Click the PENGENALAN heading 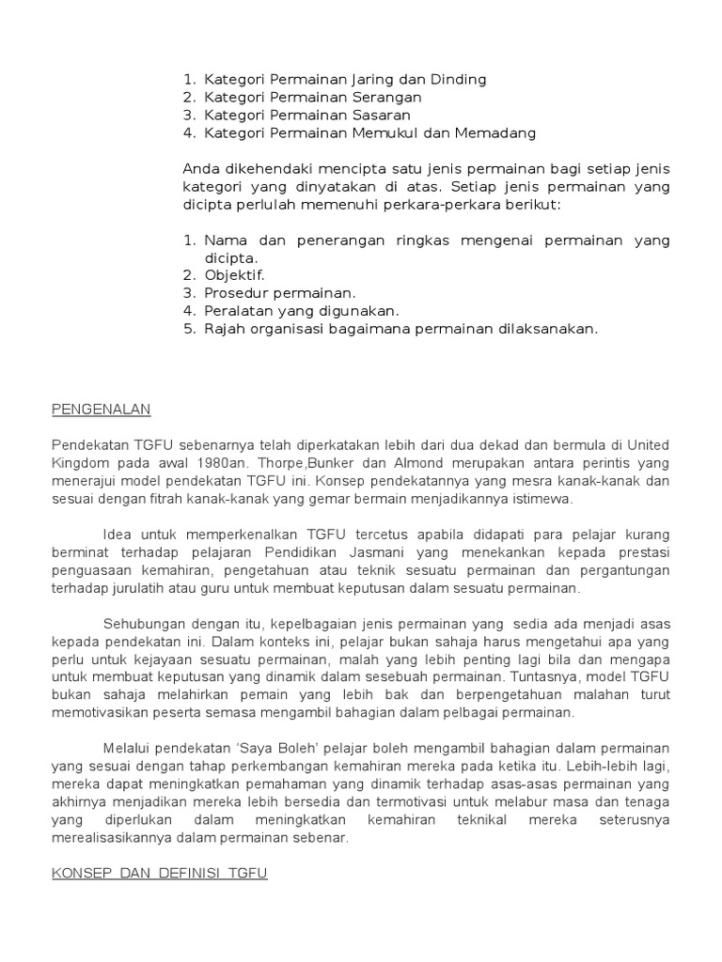click(x=101, y=410)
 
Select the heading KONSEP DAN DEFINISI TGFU click(x=159, y=873)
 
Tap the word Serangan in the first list click(x=386, y=97)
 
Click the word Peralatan click(x=239, y=311)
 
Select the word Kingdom click(x=84, y=463)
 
